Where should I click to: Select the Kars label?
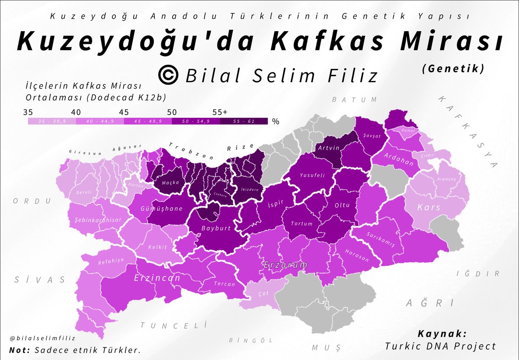(429, 207)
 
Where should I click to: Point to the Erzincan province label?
(157, 278)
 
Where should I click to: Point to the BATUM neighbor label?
(354, 100)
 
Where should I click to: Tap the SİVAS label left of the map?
(39, 280)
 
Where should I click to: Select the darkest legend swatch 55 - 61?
(243, 122)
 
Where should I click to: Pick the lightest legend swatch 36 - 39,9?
(52, 122)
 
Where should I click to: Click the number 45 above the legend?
(124, 112)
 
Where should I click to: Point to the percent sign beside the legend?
(276, 122)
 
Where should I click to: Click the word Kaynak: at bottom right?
(442, 334)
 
